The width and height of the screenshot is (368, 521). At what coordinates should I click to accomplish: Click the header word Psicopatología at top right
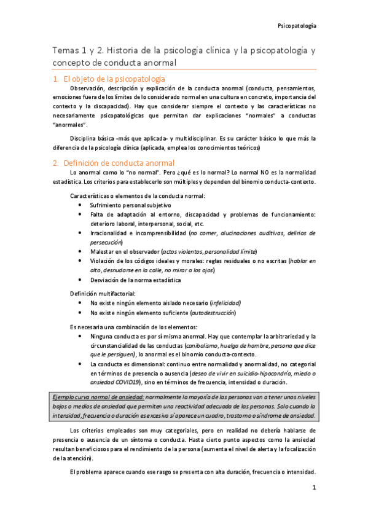coord(297,27)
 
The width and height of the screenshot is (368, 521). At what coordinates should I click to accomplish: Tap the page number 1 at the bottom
coord(314,488)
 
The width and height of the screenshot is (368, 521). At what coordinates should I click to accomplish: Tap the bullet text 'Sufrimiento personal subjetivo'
coord(131,205)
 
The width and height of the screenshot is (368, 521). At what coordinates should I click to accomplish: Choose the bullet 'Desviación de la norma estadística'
coord(135,280)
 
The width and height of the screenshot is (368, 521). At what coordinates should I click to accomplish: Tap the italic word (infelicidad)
coord(225,303)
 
